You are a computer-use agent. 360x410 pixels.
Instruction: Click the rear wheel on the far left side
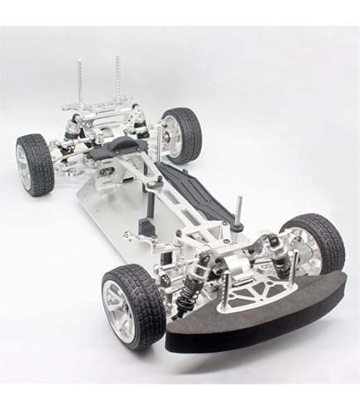34,165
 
